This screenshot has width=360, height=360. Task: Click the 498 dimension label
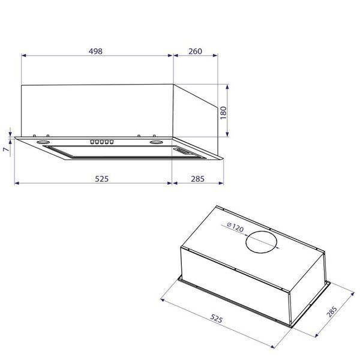pyautogui.click(x=95, y=51)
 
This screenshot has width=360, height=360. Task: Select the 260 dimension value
pyautogui.click(x=196, y=51)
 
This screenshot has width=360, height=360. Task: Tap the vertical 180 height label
pyautogui.click(x=223, y=113)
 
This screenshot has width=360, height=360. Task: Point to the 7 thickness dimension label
pyautogui.click(x=6, y=149)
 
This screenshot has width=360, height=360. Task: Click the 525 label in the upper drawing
pyautogui.click(x=102, y=179)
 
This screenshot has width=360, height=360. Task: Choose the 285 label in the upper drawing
pyautogui.click(x=197, y=179)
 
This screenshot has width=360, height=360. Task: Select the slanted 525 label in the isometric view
pyautogui.click(x=216, y=319)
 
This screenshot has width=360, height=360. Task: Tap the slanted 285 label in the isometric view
pyautogui.click(x=332, y=311)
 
